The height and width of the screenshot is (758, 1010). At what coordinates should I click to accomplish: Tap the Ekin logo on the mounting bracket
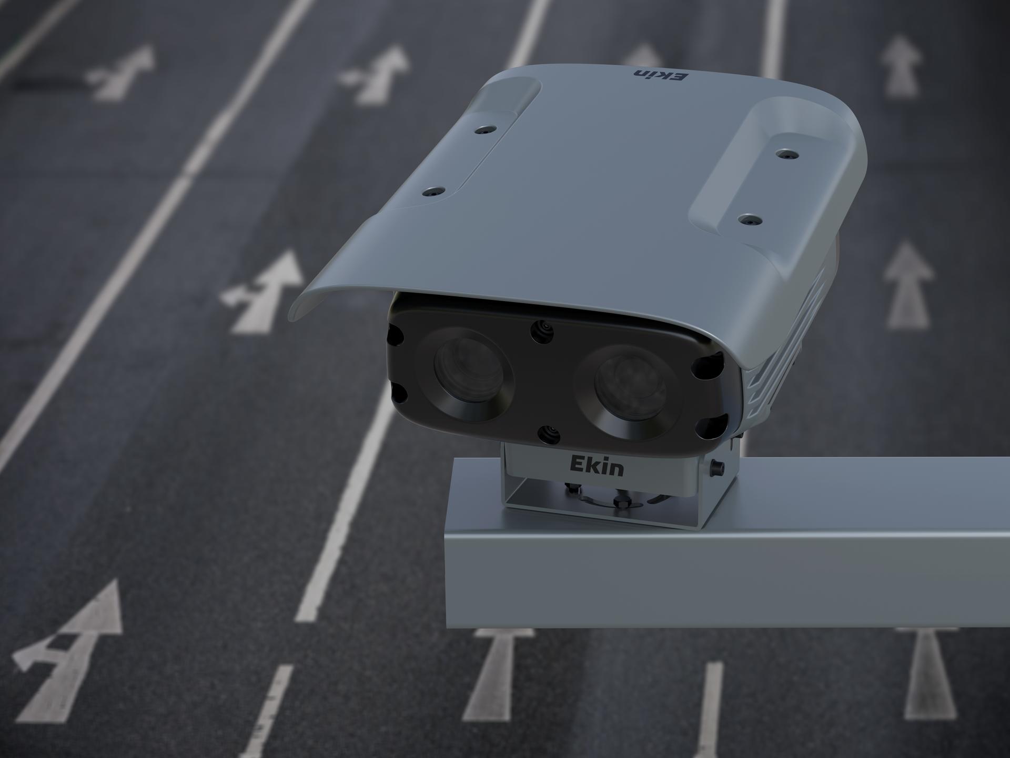click(597, 466)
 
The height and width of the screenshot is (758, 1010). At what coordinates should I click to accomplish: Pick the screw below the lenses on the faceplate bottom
click(549, 434)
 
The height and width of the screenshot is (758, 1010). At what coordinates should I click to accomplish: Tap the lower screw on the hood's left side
click(433, 192)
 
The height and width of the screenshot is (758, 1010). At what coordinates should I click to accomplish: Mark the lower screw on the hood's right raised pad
click(749, 220)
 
